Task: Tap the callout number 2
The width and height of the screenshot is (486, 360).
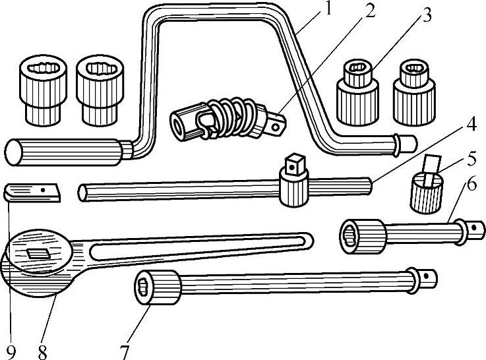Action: [x=371, y=11]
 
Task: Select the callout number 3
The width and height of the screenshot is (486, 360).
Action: [x=427, y=15]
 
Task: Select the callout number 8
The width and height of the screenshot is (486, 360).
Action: [x=43, y=351]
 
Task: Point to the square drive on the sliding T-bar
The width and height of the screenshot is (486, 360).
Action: [x=293, y=162]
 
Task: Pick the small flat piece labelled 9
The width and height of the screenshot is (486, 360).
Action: [x=32, y=193]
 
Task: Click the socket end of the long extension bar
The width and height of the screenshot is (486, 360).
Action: [x=156, y=287]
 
